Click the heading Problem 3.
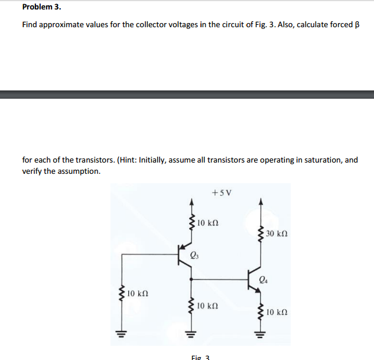click(x=41, y=8)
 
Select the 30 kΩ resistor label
click(x=277, y=234)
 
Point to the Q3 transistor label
click(x=196, y=255)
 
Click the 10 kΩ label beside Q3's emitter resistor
click(x=209, y=223)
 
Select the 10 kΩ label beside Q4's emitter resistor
click(x=277, y=312)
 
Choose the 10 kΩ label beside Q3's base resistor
click(x=139, y=293)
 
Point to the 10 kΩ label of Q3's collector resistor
click(x=209, y=306)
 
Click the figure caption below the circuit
click(x=201, y=356)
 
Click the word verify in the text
click(x=32, y=171)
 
